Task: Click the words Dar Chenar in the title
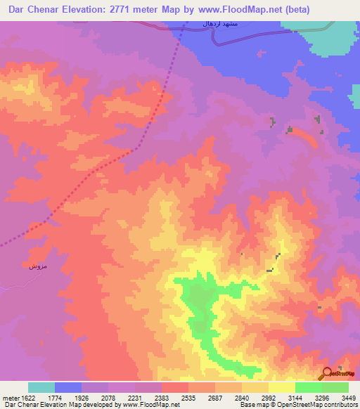pos(35,11)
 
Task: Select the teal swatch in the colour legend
pos(41,387)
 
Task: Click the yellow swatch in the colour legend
pos(281,387)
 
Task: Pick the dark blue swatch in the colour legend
pos(68,387)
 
